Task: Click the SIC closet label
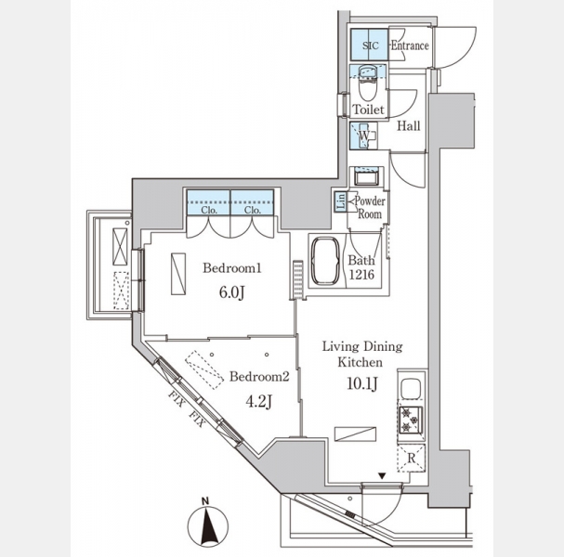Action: click(371, 45)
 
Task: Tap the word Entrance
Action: click(410, 45)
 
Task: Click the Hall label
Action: click(408, 125)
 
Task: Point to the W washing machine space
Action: click(363, 136)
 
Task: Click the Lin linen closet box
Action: click(341, 201)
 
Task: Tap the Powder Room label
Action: click(370, 207)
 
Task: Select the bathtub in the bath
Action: click(325, 261)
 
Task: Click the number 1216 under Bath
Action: click(361, 275)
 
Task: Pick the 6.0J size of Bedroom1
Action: click(232, 292)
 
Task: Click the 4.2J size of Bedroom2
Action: click(258, 401)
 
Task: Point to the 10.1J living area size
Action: click(362, 383)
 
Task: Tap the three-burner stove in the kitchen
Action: click(411, 419)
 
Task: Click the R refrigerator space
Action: click(411, 459)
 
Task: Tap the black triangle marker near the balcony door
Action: click(382, 476)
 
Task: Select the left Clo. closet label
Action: click(209, 210)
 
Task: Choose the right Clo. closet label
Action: click(252, 210)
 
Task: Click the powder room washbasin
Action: click(366, 177)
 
